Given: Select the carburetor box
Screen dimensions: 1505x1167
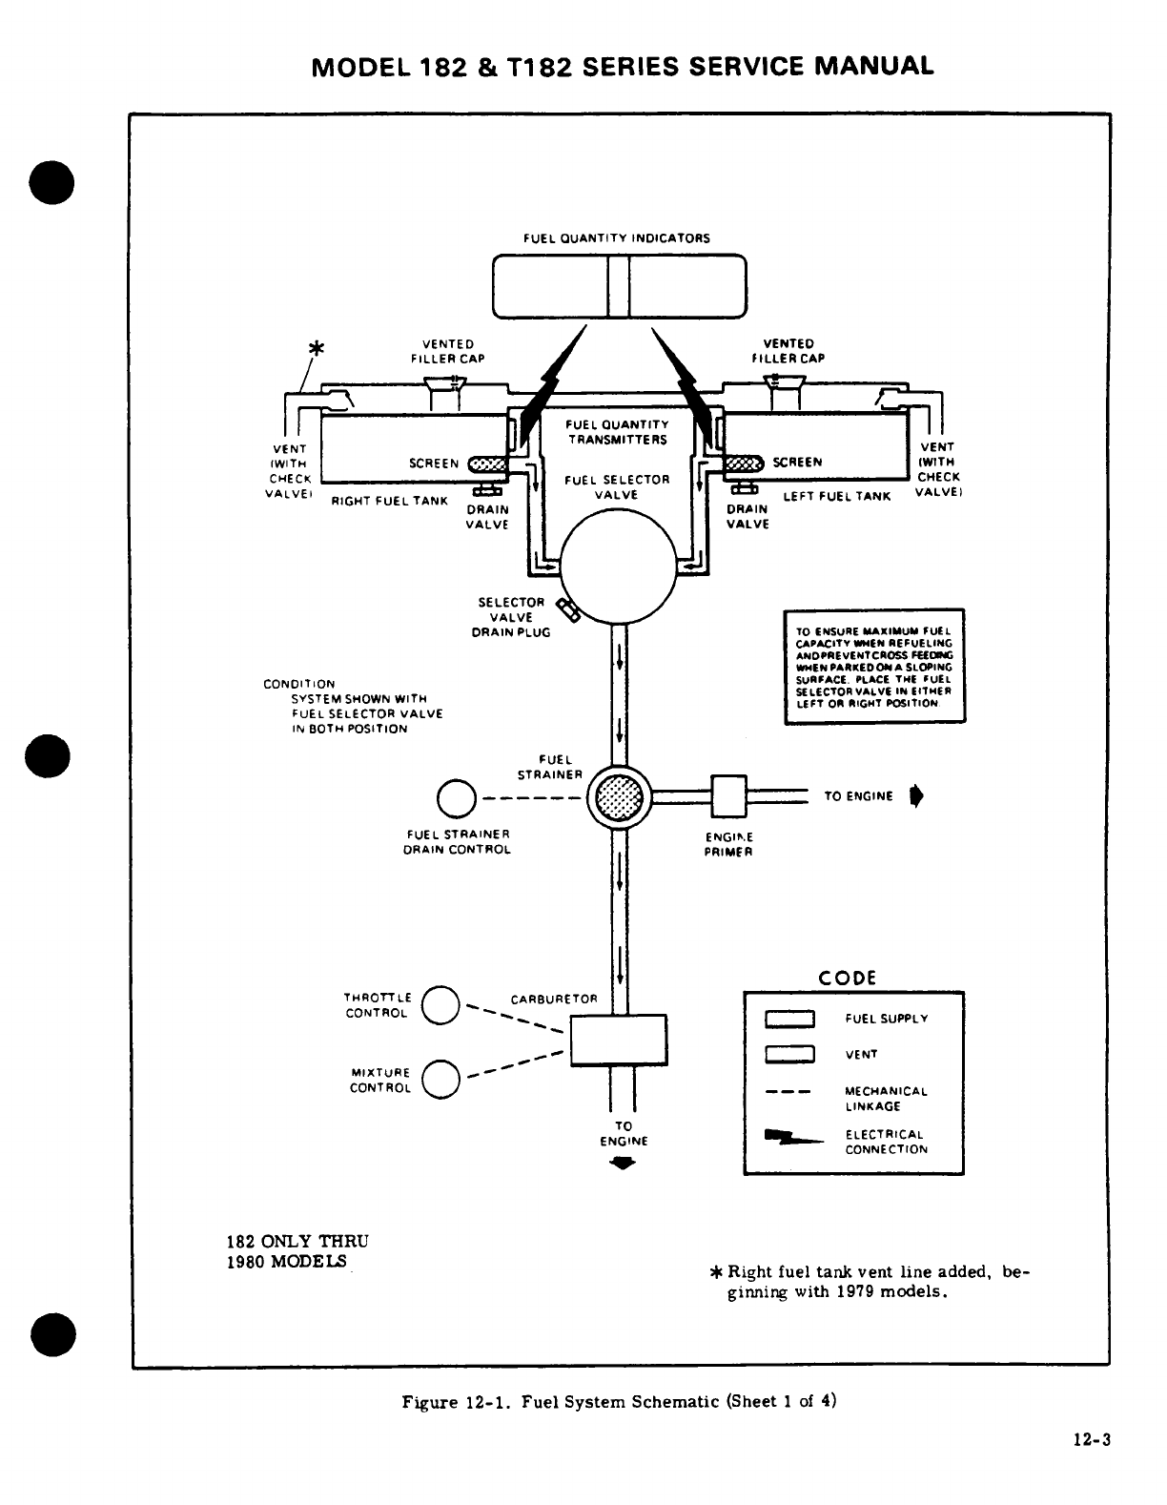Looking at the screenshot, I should (618, 1039).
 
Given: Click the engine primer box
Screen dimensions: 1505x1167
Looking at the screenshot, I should (727, 795).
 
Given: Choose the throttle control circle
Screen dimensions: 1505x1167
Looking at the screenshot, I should (440, 1004).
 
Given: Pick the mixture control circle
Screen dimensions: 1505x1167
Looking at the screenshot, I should (440, 1079).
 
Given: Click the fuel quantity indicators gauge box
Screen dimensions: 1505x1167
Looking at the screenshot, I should (619, 284).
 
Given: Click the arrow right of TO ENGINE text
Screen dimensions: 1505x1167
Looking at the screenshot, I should (916, 796).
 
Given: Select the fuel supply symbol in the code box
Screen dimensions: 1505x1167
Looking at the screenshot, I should (789, 1019).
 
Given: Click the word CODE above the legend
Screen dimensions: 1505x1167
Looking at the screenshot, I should (848, 979).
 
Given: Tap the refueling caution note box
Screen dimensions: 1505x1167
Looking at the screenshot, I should (874, 666).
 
